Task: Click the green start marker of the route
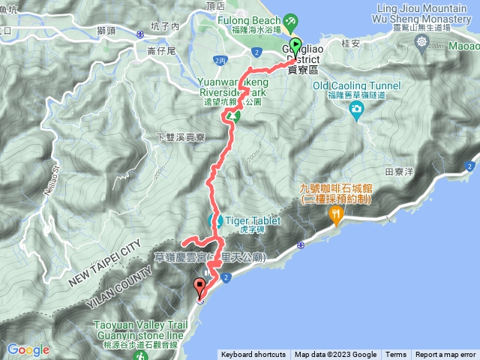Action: [295, 45]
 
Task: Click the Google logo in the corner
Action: [28, 349]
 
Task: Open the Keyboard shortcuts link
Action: [253, 355]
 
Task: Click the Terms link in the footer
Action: [396, 355]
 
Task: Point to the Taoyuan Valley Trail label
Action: [137, 327]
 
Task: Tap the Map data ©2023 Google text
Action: [335, 355]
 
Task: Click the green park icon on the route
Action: [235, 116]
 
